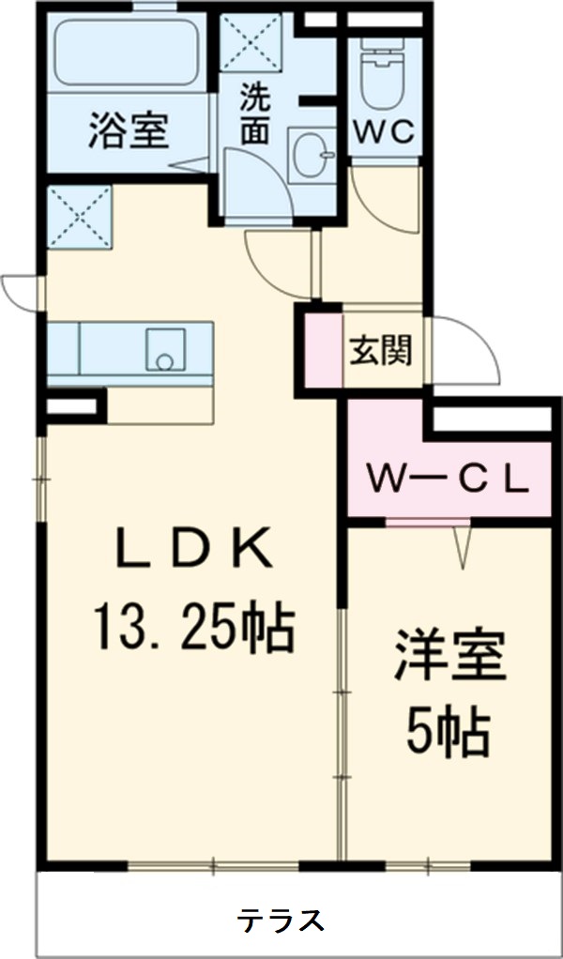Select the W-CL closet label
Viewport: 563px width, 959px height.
[448, 479]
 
